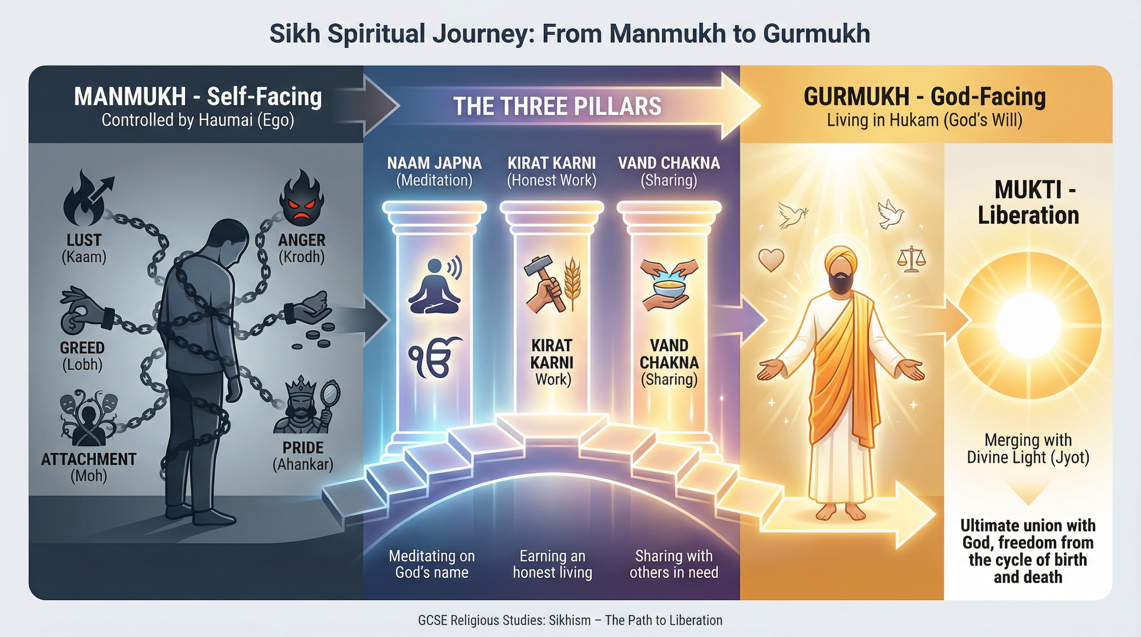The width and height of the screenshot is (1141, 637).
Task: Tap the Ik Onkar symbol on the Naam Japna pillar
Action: (x=434, y=357)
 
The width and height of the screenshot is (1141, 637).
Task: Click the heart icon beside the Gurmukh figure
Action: (x=771, y=259)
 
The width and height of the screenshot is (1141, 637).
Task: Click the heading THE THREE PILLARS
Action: (x=557, y=106)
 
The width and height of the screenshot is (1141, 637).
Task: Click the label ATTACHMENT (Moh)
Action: (x=89, y=467)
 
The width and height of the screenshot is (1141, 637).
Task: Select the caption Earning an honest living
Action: (x=552, y=564)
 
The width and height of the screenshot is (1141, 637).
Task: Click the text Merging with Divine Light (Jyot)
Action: (x=1028, y=448)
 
